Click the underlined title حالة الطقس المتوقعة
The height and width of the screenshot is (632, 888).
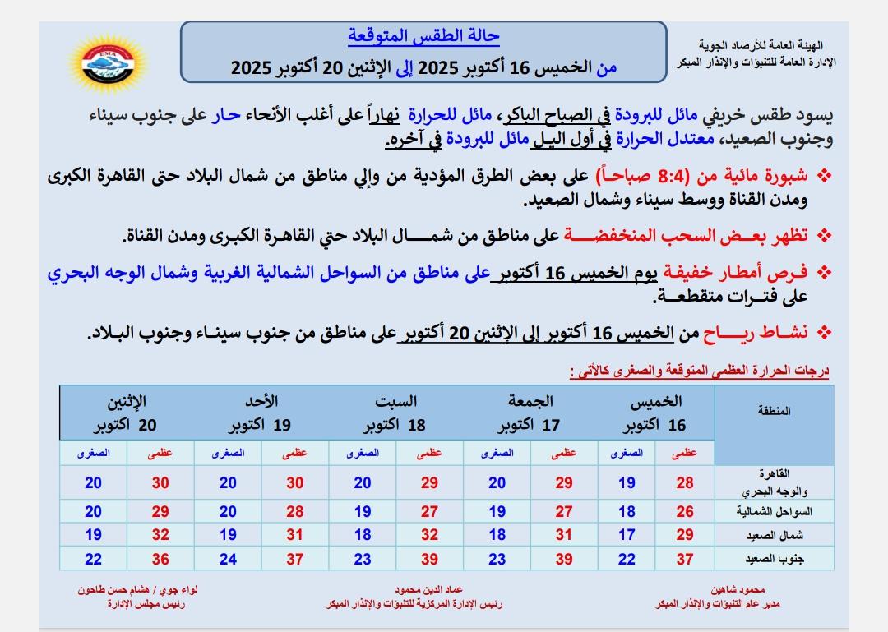point(423,37)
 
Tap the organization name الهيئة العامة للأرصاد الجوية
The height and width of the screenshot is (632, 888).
point(766,46)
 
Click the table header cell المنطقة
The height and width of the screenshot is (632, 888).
point(773,411)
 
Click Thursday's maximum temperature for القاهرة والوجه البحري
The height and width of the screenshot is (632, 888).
point(685,483)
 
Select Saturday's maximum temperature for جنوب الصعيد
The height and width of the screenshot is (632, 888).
point(429,559)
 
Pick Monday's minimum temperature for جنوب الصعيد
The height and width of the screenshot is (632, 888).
point(93,559)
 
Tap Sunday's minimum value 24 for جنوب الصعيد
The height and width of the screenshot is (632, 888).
point(228,559)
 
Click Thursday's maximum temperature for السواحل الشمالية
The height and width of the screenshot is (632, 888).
point(685,512)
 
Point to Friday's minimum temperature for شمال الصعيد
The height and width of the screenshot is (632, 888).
point(497,535)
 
